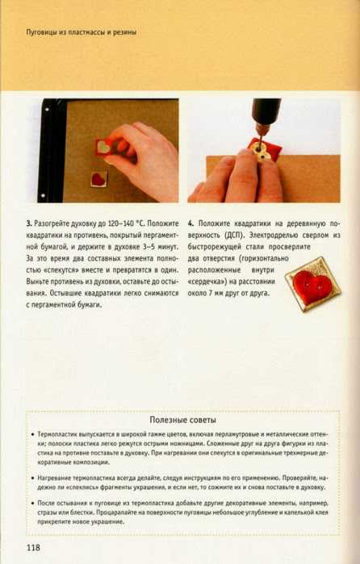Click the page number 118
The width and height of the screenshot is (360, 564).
pyautogui.click(x=33, y=548)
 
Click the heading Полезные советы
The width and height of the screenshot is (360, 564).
pyautogui.click(x=183, y=420)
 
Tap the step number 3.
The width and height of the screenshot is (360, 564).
pyautogui.click(x=28, y=224)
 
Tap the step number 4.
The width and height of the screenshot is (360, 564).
pyautogui.click(x=190, y=224)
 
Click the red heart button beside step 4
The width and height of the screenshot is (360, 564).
pyautogui.click(x=312, y=283)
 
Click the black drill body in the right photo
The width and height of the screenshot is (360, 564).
pyautogui.click(x=266, y=111)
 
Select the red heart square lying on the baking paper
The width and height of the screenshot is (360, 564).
pyautogui.click(x=99, y=178)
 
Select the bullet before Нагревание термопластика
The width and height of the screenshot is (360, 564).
pyautogui.click(x=33, y=478)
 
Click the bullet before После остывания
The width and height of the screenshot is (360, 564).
pyautogui.click(x=33, y=503)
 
